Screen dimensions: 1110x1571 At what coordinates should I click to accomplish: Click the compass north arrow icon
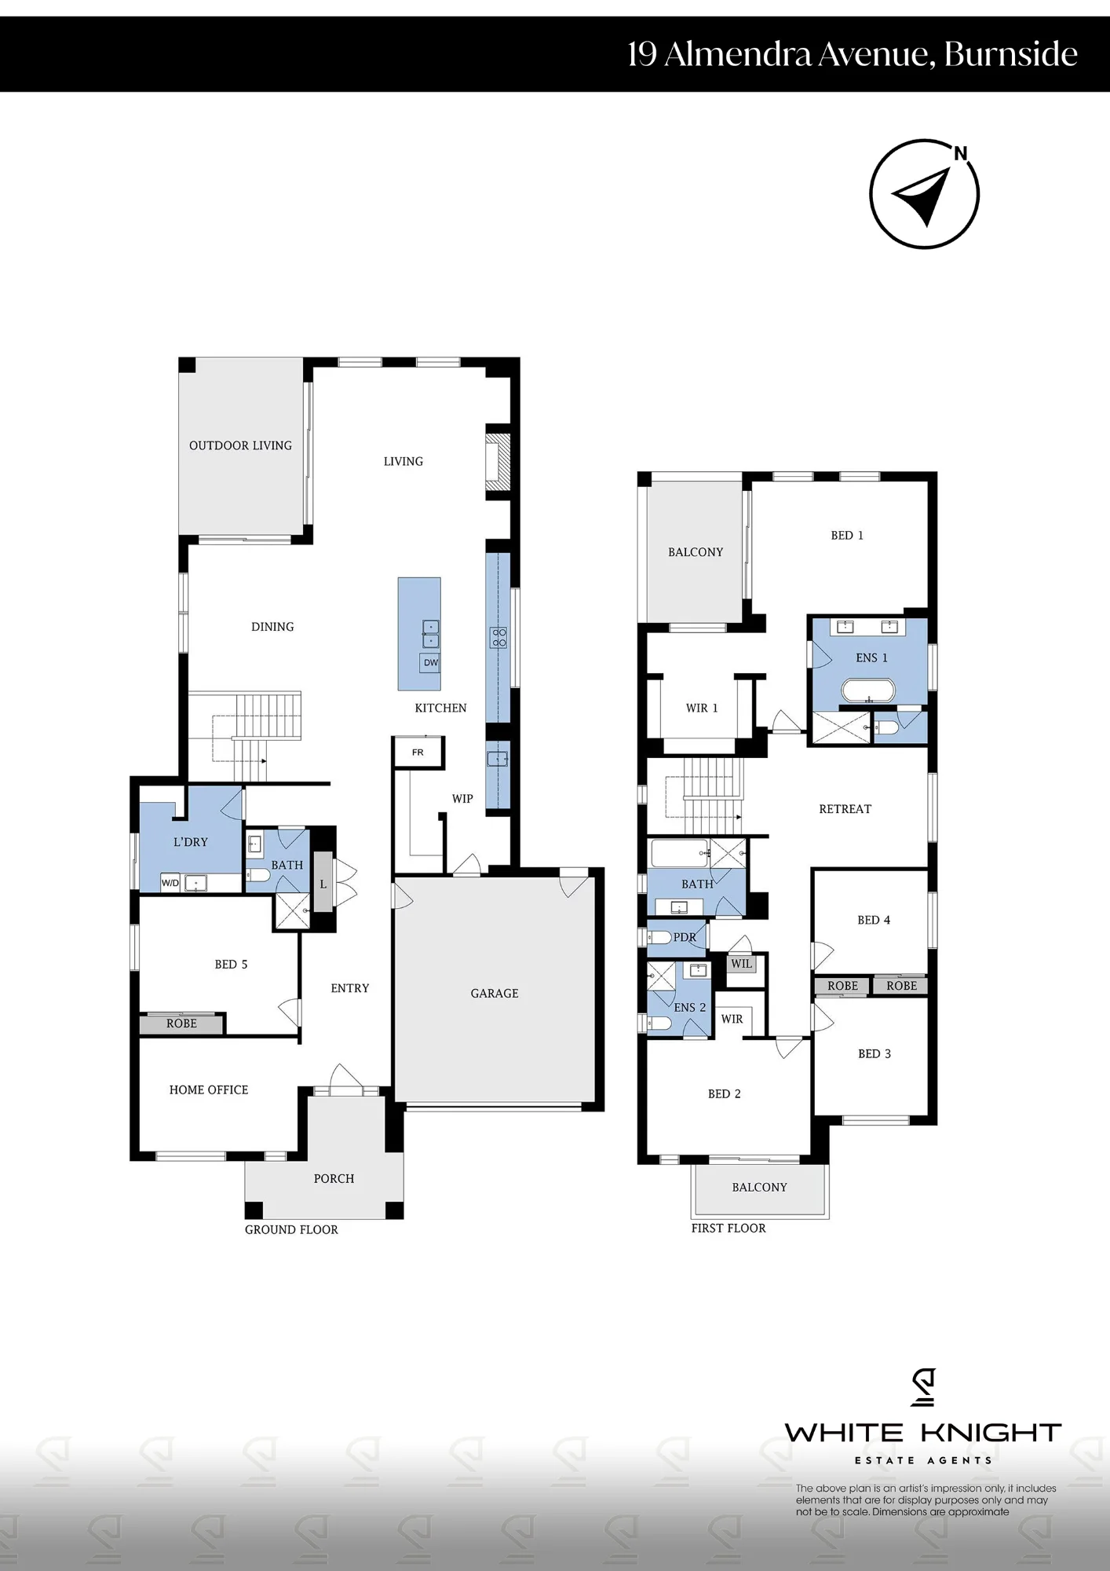coord(924,195)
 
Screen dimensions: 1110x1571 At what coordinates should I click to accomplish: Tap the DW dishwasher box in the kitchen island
coord(430,663)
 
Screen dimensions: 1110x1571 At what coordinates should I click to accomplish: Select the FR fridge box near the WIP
coord(418,753)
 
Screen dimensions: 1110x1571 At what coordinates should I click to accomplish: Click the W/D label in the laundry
coord(170,883)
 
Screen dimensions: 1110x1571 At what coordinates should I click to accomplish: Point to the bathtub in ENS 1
coord(867,691)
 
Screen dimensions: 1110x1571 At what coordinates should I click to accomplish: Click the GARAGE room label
coord(495,994)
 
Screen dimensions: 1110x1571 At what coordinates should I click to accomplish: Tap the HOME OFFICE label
coord(209,1090)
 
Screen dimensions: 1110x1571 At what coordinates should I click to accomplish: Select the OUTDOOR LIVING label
coord(240,445)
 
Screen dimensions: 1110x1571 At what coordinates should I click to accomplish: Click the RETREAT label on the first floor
coord(845,809)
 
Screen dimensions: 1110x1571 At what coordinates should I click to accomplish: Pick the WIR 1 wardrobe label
coord(702,708)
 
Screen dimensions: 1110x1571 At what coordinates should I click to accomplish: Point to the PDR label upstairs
coord(685,937)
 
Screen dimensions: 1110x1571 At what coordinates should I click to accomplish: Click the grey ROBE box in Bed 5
coord(181,1024)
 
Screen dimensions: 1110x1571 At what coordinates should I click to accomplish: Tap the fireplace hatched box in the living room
coord(498,463)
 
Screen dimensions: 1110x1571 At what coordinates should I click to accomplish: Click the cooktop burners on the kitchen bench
coord(499,637)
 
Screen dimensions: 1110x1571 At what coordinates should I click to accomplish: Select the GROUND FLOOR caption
coord(291,1230)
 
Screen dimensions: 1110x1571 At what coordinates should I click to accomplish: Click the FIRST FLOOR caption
coord(728,1229)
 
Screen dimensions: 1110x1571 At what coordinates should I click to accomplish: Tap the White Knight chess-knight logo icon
coord(923,1387)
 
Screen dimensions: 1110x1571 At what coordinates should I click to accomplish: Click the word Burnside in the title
coord(1010,53)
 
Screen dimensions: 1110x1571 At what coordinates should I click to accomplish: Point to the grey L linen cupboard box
coord(323,883)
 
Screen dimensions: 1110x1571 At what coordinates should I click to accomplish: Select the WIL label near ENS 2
coord(741,964)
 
